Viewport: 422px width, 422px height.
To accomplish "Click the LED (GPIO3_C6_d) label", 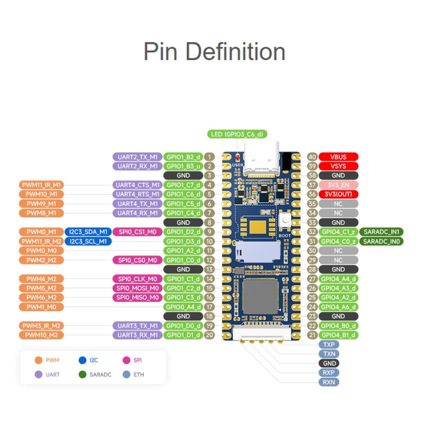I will [x=237, y=134].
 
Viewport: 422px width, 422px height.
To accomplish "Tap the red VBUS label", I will [x=339, y=157].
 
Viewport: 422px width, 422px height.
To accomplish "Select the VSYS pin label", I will [x=339, y=166].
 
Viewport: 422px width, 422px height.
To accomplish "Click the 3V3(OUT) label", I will [x=339, y=194].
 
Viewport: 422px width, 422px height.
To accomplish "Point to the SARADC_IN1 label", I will [x=381, y=232].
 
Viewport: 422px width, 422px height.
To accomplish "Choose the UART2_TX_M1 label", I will [x=137, y=157].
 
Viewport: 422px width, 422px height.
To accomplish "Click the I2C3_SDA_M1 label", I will [x=88, y=232].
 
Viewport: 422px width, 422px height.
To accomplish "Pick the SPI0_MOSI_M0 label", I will [x=137, y=288].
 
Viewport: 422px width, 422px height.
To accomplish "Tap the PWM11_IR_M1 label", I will [x=41, y=185].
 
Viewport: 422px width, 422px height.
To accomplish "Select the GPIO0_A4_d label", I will [x=182, y=307].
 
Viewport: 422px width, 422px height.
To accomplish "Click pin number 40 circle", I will [x=312, y=157].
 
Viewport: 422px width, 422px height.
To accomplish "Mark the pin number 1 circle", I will [x=209, y=157].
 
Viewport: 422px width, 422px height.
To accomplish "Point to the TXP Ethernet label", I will [x=329, y=344].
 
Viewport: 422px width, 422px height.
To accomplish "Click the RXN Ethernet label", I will [x=329, y=382].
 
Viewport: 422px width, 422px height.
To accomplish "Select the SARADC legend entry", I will [x=96, y=374].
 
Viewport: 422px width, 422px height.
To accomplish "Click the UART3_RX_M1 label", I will [x=137, y=335].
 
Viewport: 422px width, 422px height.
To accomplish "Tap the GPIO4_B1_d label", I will [x=339, y=335].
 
